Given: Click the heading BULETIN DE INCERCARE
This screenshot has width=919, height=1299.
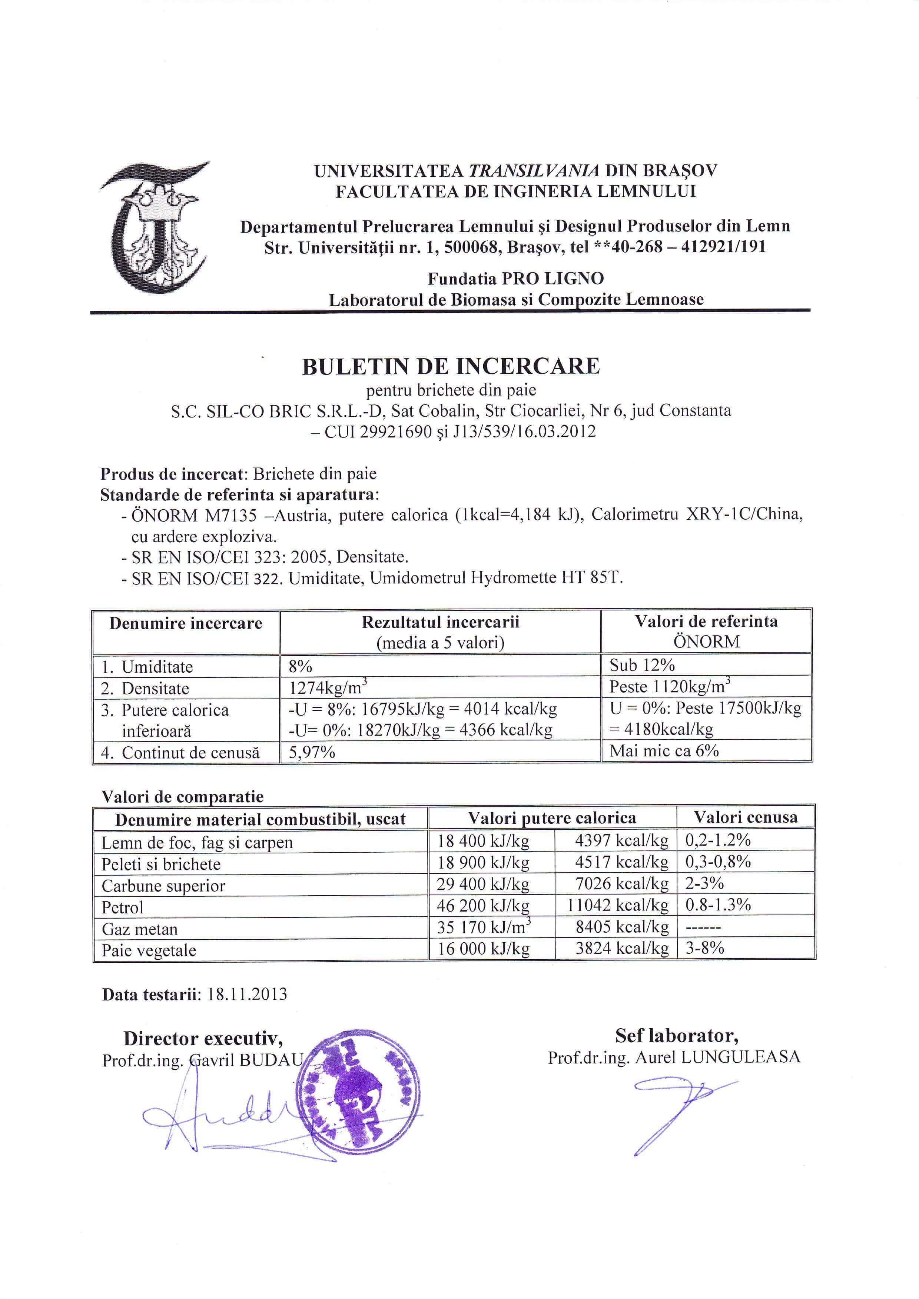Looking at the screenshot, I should [451, 367].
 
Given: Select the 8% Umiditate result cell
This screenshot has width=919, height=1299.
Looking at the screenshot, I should [301, 666].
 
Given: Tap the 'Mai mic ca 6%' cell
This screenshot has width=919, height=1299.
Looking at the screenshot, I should [664, 751].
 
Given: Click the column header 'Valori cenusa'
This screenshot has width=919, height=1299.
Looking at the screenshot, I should [745, 817].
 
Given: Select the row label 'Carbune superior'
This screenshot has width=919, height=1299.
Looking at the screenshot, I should [163, 885].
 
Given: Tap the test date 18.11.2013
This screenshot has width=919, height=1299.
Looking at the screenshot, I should [247, 994].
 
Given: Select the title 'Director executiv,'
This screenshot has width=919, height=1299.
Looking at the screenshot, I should [203, 1039].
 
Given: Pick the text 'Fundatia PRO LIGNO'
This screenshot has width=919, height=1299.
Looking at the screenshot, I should [515, 279].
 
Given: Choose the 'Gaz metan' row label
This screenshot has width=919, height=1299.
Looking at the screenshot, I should [140, 929].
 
